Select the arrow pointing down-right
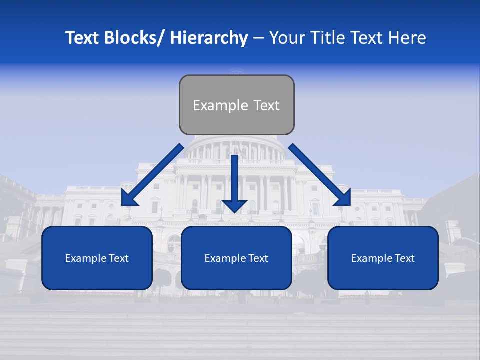(x=319, y=174)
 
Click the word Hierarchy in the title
(x=209, y=38)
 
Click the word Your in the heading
(x=287, y=38)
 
